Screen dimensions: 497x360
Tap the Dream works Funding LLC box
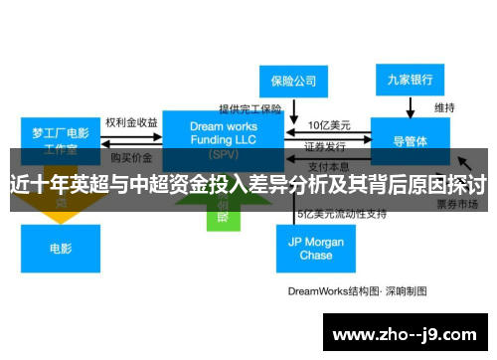tap(223, 135)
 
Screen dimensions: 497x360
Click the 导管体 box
tap(411, 141)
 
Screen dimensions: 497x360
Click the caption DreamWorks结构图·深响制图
tap(356, 291)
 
